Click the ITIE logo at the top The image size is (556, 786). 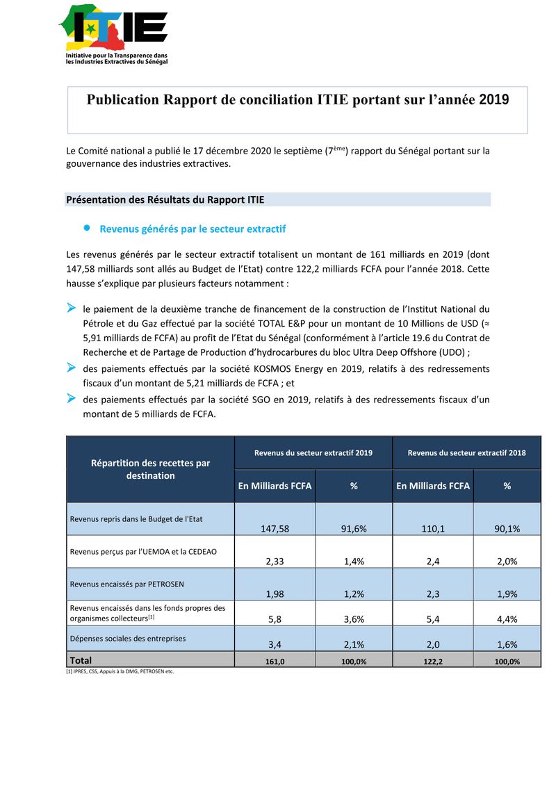pyautogui.click(x=113, y=33)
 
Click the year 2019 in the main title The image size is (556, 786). pyautogui.click(x=493, y=100)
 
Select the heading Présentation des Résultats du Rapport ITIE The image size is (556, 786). pyautogui.click(x=165, y=200)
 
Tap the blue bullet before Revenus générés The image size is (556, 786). pyautogui.click(x=88, y=228)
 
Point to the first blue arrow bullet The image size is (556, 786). pyautogui.click(x=71, y=307)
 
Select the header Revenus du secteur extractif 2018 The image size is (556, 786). pyautogui.click(x=466, y=453)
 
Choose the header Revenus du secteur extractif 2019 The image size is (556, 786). pyautogui.click(x=313, y=453)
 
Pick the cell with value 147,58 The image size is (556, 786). pyautogui.click(x=275, y=529)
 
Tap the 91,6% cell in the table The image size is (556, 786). pyautogui.click(x=354, y=529)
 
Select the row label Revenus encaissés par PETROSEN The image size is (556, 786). pyautogui.click(x=126, y=584)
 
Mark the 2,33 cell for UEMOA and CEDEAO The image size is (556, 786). pyautogui.click(x=275, y=562)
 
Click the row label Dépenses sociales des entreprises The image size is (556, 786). pyautogui.click(x=127, y=637)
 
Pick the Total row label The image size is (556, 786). pyautogui.click(x=81, y=660)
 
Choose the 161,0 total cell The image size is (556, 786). pyautogui.click(x=275, y=662)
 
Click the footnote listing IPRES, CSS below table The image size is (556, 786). pyautogui.click(x=120, y=672)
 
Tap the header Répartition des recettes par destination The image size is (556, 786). pyautogui.click(x=150, y=469)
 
